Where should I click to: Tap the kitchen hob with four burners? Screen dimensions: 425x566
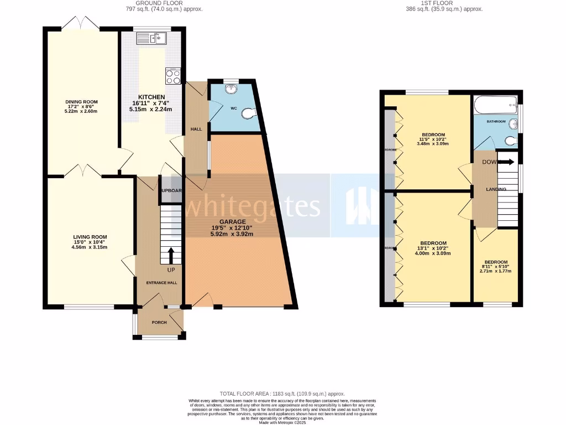(x=173, y=76)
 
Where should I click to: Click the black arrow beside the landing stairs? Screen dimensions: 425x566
(x=507, y=162)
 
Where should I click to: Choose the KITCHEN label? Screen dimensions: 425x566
(x=152, y=96)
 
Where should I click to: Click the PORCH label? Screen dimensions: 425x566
(x=160, y=323)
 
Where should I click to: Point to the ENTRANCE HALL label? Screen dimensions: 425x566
(x=161, y=283)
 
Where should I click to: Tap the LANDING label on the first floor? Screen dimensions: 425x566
(x=495, y=189)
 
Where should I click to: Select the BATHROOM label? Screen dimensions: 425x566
(x=496, y=121)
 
